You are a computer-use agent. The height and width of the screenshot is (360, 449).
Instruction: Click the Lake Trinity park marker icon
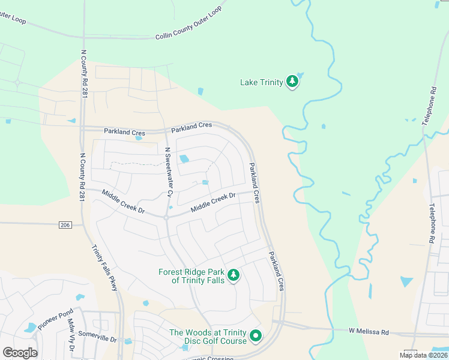coord(292,82)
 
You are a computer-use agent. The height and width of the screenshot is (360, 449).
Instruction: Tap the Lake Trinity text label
coord(261,82)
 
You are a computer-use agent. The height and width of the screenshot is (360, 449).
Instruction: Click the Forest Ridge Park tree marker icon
coord(234,276)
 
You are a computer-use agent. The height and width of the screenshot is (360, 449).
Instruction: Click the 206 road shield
coord(65,224)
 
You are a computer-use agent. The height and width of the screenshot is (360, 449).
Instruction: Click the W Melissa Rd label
coord(369,331)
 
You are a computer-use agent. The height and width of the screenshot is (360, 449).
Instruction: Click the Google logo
coord(20,353)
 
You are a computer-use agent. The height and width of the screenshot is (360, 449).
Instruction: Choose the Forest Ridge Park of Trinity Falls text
coord(191,276)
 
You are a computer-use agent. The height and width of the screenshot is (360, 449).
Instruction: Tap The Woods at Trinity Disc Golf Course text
coord(208,337)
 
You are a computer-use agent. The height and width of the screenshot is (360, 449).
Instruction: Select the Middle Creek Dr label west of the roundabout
coord(124,202)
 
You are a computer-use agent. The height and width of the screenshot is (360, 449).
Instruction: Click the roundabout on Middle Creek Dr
coord(166,218)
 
